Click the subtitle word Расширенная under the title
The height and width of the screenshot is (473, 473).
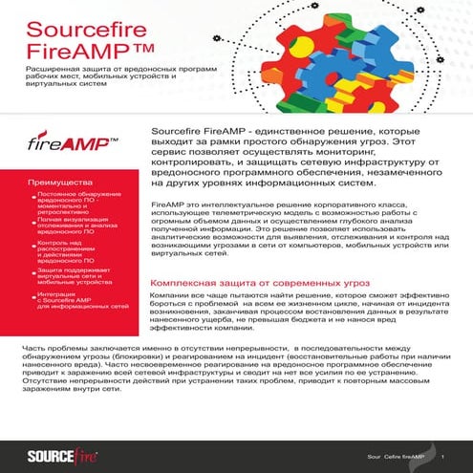pos(48,72)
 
